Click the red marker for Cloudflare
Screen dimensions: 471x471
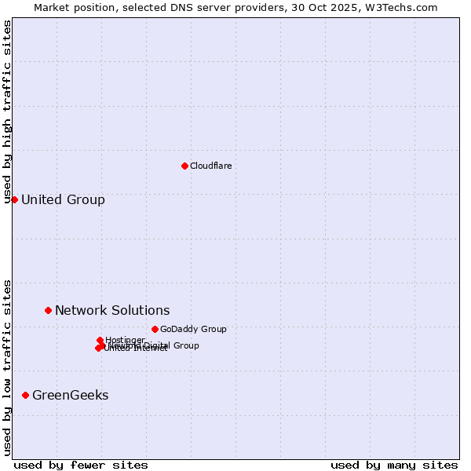(184, 166)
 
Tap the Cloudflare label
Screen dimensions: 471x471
(210, 166)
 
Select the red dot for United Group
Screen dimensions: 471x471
(14, 199)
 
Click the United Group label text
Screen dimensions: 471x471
(63, 199)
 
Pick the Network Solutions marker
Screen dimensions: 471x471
(48, 310)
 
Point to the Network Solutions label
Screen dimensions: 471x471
(112, 310)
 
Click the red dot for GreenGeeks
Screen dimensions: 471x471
(25, 395)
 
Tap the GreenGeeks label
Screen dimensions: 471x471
(70, 395)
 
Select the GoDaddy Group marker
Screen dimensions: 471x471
(155, 329)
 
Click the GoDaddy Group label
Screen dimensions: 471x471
(192, 329)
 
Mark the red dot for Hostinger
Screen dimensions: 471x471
(100, 340)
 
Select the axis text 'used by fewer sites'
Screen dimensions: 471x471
(81, 465)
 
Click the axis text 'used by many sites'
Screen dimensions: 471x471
(394, 465)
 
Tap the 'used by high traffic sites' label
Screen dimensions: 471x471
(7, 111)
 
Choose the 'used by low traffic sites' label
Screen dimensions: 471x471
(7, 367)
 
